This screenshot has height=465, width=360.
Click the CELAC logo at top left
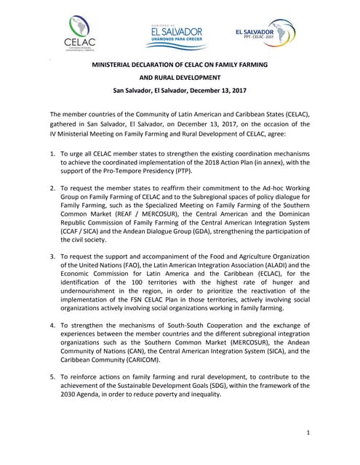point(79,34)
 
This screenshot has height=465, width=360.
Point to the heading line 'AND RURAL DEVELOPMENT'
point(180,78)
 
